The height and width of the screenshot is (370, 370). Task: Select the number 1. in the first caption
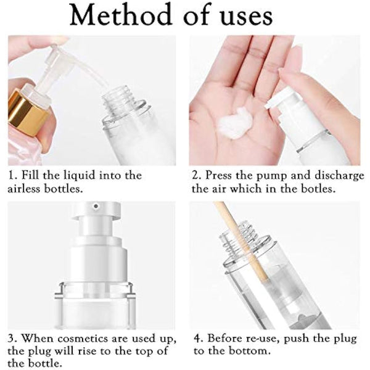pyautogui.click(x=13, y=176)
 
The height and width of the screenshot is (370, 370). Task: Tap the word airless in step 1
pyautogui.click(x=28, y=189)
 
